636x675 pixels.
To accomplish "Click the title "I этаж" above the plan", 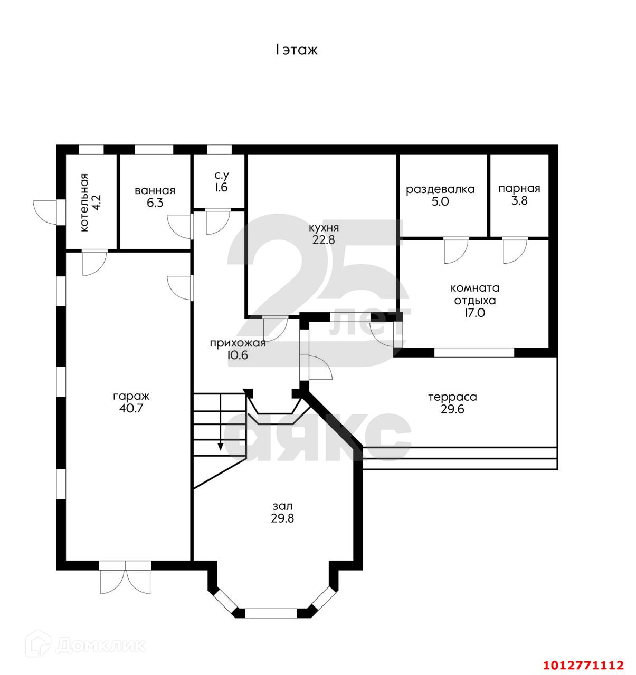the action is click(x=296, y=50).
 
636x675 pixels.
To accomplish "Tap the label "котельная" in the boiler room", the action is click(x=84, y=202).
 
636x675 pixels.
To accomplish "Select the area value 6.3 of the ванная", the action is click(x=155, y=203).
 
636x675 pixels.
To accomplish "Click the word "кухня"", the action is click(x=324, y=228).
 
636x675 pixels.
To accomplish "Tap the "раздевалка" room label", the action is click(x=440, y=189).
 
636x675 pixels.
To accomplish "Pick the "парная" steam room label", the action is click(x=519, y=189).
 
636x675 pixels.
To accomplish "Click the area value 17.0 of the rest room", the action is click(x=474, y=313).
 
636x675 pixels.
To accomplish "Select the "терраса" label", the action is click(x=452, y=397).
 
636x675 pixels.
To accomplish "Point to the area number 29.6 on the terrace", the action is click(x=452, y=409).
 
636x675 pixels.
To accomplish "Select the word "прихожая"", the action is click(x=238, y=343).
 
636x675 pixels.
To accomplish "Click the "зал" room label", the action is click(x=282, y=506).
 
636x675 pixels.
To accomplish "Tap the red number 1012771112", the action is click(x=583, y=664).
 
